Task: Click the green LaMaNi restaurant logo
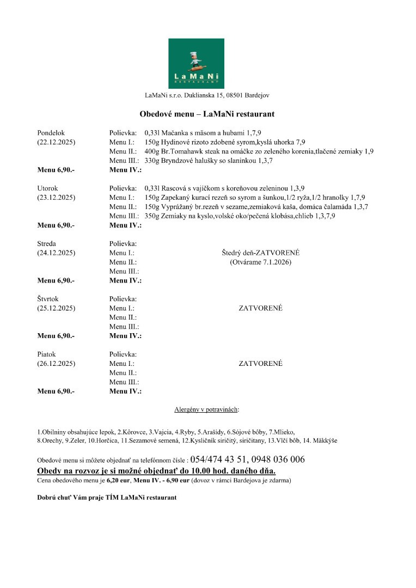[x=196, y=63]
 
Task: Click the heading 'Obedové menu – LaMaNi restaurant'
[x=207, y=114]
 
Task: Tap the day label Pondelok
[x=51, y=133]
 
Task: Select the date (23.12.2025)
[x=56, y=197]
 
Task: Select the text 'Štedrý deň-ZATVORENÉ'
[x=261, y=253]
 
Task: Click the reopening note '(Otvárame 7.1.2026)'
[x=261, y=262]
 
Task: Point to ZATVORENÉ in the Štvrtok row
[x=261, y=308]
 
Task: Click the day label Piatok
[x=46, y=354]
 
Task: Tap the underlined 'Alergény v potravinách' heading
[x=206, y=408]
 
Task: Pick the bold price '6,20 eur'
[x=118, y=481]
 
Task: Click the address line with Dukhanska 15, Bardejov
[x=207, y=95]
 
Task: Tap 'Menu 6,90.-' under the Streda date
[x=56, y=280]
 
